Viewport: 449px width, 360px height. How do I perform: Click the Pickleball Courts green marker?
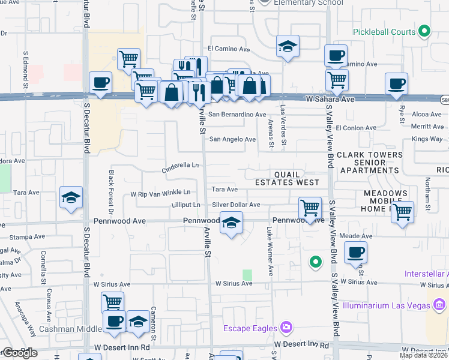click(425, 32)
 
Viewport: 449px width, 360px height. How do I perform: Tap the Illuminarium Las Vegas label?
click(387, 304)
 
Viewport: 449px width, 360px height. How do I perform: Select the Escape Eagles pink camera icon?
click(287, 328)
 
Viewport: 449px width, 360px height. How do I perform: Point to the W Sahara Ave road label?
click(330, 98)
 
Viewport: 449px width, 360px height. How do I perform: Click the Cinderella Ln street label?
click(180, 167)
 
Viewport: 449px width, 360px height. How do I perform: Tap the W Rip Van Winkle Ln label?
click(160, 193)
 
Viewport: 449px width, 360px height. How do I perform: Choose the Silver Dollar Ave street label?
click(236, 205)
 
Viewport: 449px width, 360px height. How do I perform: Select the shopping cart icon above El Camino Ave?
click(128, 59)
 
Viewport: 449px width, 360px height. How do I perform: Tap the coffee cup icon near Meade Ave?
click(356, 252)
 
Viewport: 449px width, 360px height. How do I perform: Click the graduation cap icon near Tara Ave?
click(71, 197)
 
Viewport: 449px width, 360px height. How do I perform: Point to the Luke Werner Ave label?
click(270, 251)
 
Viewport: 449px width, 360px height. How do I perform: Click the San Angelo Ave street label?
click(232, 139)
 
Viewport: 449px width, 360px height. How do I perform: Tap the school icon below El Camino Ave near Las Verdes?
click(288, 46)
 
